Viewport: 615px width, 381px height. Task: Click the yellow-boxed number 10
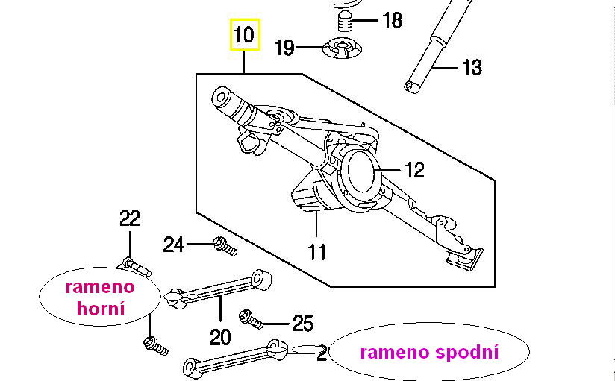[x=244, y=35]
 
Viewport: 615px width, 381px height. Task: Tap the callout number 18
[x=392, y=20]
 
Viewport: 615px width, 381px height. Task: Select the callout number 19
[x=284, y=49]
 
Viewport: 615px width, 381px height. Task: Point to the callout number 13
[x=472, y=68]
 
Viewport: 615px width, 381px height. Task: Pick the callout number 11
[x=317, y=251]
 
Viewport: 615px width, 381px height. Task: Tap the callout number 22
[x=130, y=218]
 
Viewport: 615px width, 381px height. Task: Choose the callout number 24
[x=174, y=244]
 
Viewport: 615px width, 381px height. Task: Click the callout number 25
[x=302, y=324]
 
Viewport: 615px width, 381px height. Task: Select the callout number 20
[x=220, y=337]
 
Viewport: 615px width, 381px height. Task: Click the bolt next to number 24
[x=224, y=245]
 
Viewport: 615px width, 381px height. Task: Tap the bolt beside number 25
[x=250, y=319]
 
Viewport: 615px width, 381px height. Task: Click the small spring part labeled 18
[x=344, y=19]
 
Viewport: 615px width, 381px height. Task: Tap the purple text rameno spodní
[x=428, y=352]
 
